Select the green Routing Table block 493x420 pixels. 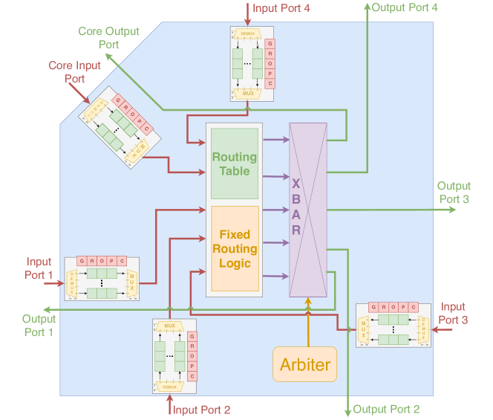pos(235,164)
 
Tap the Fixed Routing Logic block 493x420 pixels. pos(235,248)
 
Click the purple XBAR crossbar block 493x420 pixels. pos(307,210)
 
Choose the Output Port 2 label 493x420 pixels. pos(386,409)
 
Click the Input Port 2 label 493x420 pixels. pos(201,410)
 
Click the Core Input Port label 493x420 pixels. pos(75,72)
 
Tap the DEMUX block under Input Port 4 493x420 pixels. pos(248,33)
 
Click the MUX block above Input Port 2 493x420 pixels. pos(170,326)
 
